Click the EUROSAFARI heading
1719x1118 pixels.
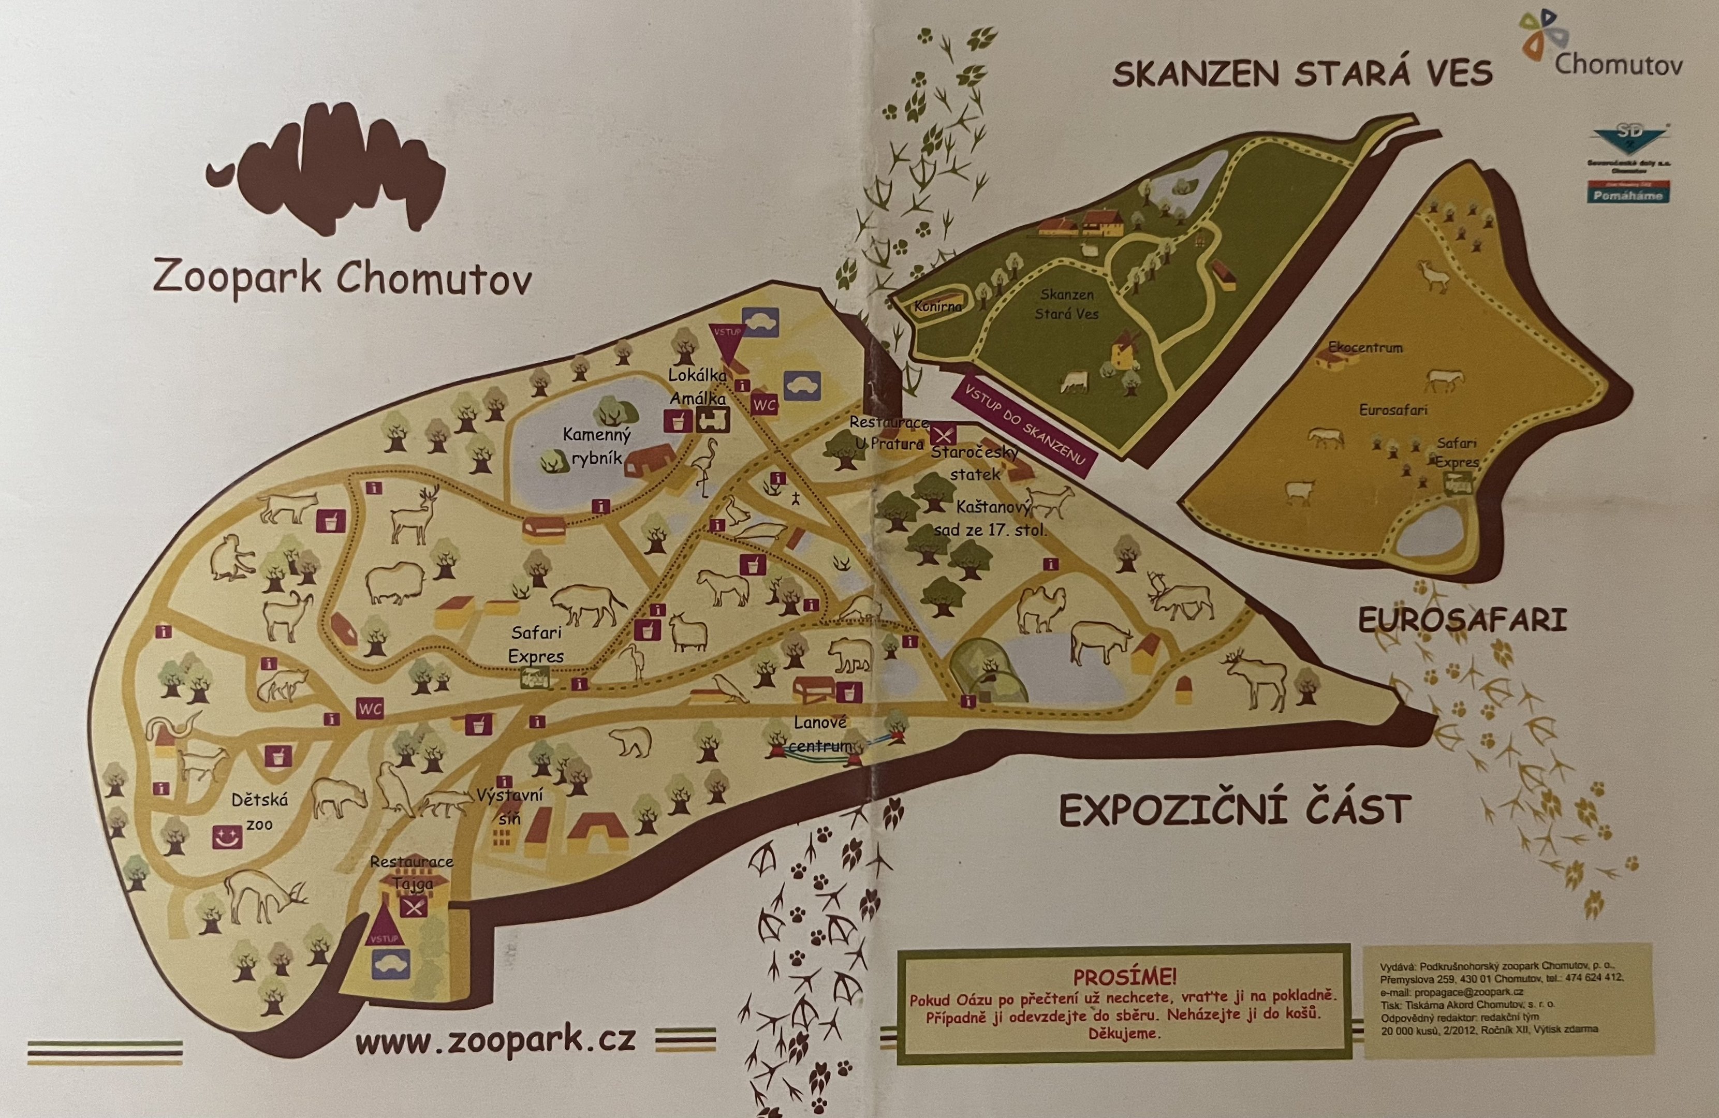click(x=1463, y=621)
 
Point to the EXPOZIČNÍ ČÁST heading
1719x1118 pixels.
click(x=1235, y=810)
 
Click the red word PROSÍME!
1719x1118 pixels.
click(x=1125, y=977)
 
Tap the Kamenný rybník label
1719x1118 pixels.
click(x=597, y=446)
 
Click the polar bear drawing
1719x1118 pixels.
click(x=630, y=741)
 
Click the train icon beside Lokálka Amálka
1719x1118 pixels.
click(x=712, y=420)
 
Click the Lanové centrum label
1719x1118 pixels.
click(x=820, y=734)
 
